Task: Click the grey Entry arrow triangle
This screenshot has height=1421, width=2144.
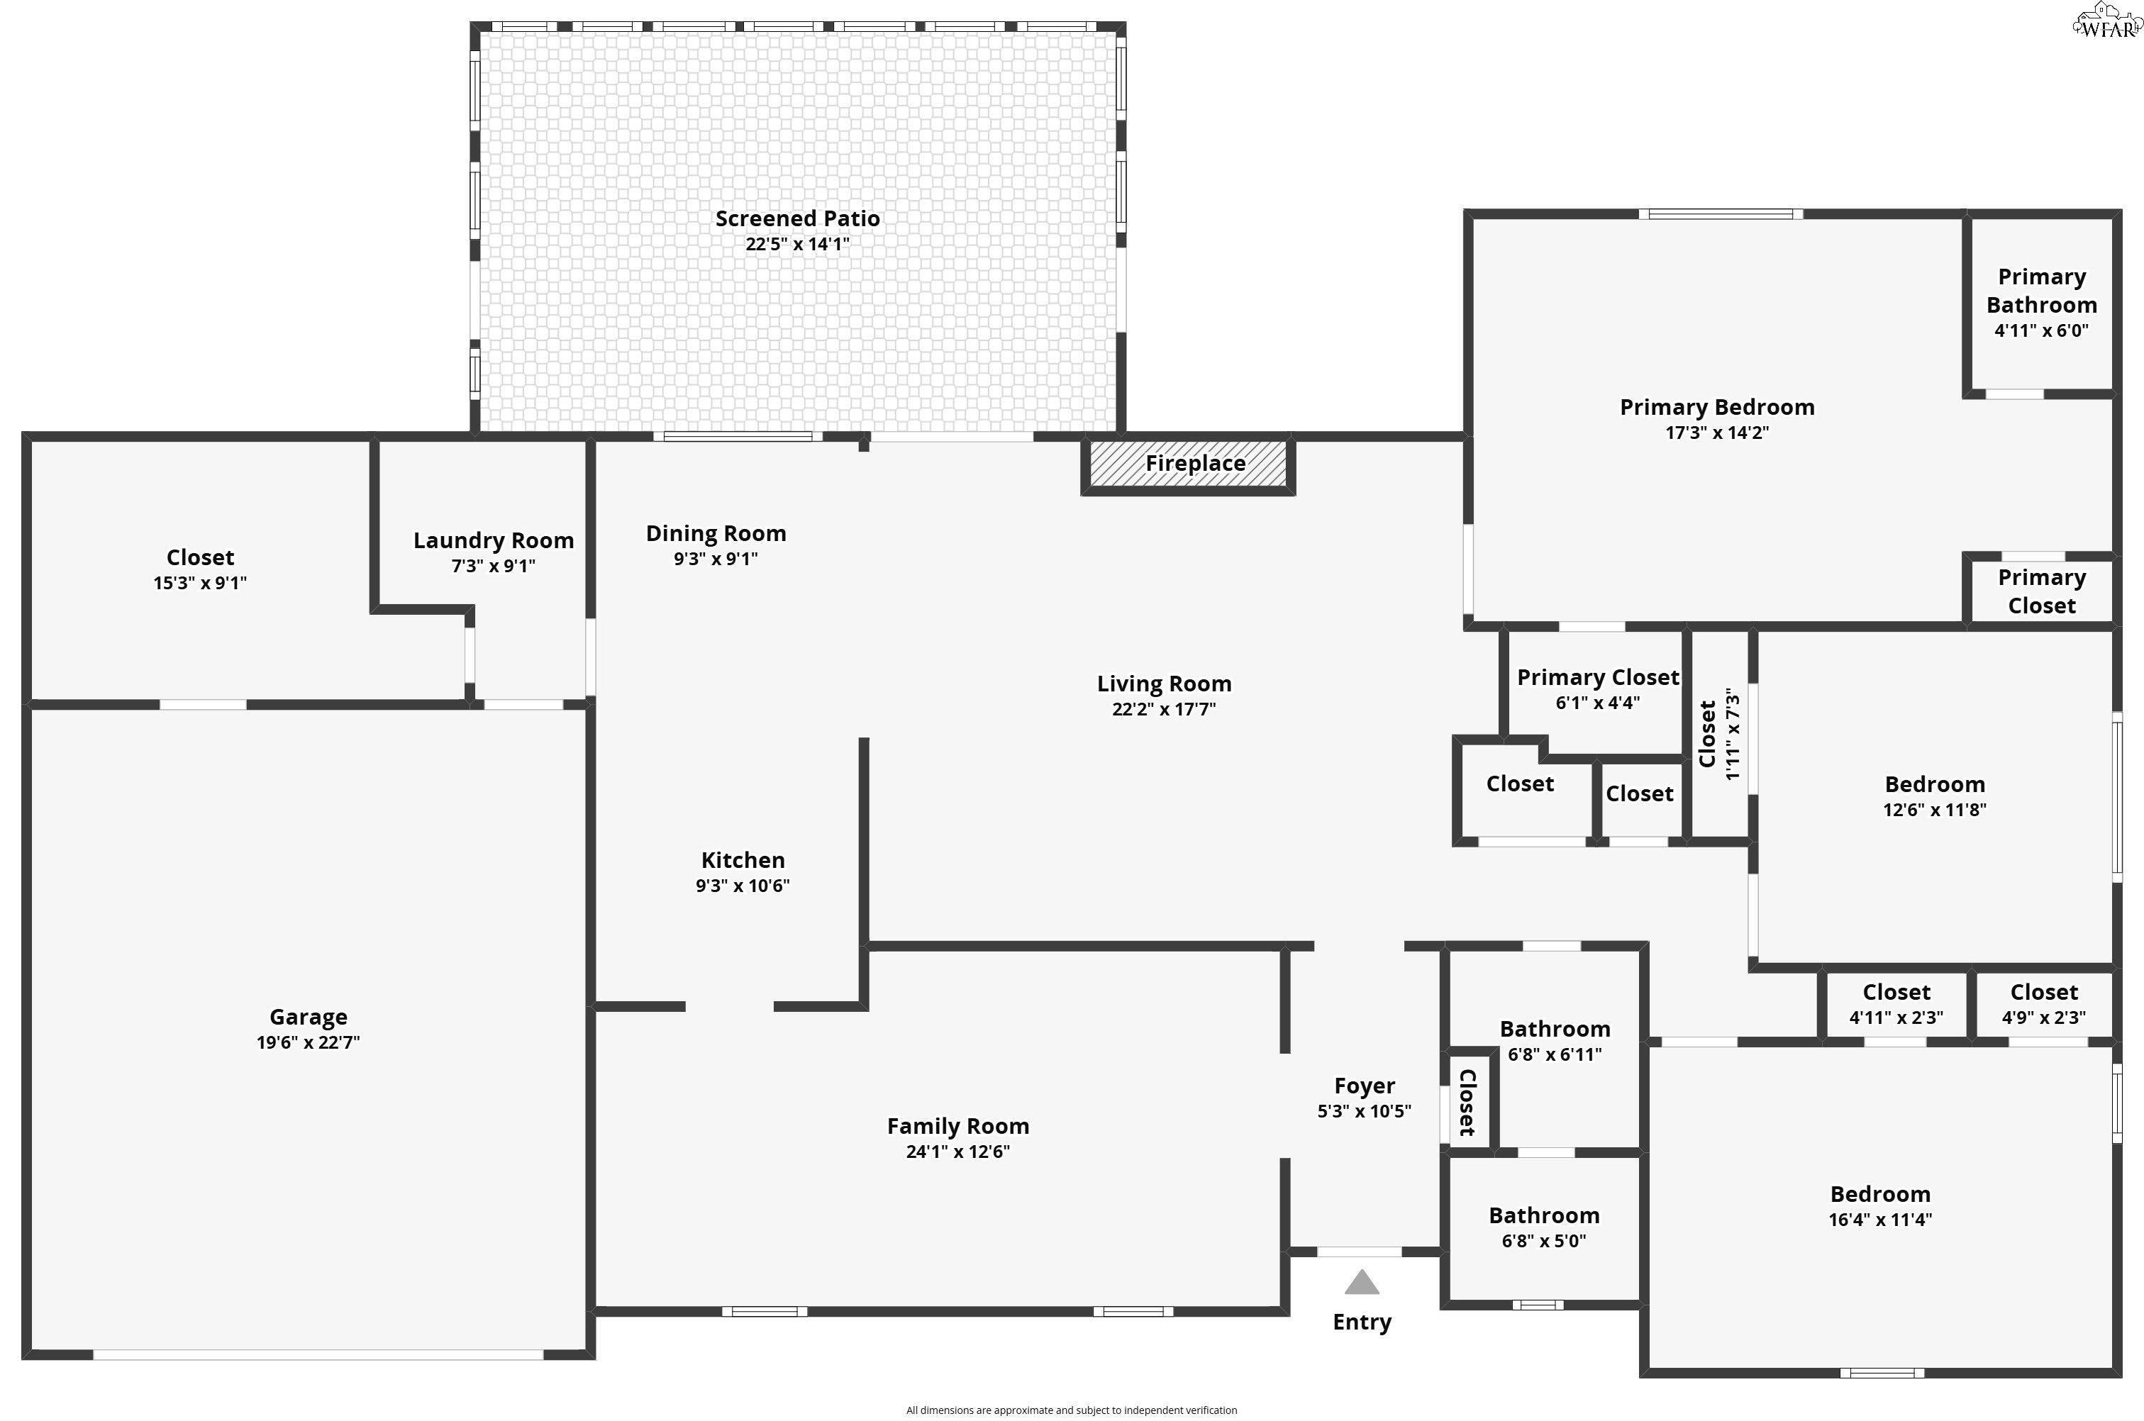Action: click(1361, 1282)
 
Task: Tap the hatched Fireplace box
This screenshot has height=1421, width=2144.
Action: click(1188, 464)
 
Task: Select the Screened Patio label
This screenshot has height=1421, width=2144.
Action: click(796, 218)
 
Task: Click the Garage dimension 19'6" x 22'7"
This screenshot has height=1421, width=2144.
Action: click(308, 1042)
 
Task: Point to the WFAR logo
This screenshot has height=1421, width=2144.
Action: click(2108, 22)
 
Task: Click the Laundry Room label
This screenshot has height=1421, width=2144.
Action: click(493, 540)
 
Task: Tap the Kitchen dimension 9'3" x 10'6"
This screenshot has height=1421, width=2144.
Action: click(742, 886)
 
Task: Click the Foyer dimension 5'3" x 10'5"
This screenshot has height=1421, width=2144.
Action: click(1364, 1111)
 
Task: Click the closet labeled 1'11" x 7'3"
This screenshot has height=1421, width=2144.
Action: click(1719, 734)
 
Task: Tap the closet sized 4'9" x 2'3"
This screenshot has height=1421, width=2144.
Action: click(2043, 1004)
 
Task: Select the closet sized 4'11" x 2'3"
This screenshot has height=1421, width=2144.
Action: click(1896, 1004)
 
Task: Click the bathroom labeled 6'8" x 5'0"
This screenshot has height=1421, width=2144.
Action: click(1543, 1228)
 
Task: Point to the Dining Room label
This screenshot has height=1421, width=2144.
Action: click(715, 533)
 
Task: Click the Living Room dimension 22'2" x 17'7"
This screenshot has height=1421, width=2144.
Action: click(1164, 708)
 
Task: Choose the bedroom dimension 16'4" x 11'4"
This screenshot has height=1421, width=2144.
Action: click(1879, 1220)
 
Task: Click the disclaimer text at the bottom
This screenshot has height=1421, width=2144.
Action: click(1071, 1410)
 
